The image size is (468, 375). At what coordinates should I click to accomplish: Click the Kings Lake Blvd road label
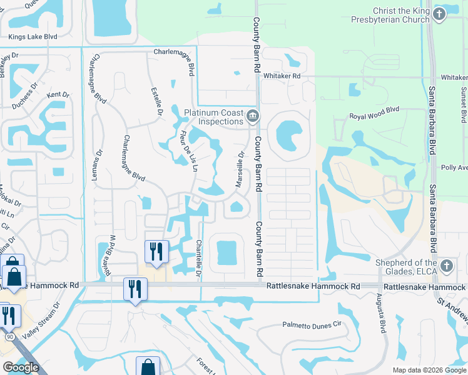tap(33, 37)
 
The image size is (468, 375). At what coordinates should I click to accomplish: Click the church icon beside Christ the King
tap(439, 14)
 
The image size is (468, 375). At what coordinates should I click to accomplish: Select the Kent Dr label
tap(58, 94)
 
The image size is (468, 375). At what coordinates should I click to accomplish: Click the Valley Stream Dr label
tap(44, 320)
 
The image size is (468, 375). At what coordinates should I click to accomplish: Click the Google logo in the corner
tap(21, 367)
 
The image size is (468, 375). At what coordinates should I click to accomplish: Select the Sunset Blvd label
tap(464, 102)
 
